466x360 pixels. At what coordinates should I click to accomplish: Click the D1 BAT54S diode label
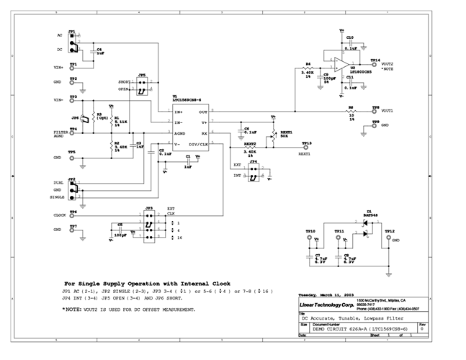coord(372,214)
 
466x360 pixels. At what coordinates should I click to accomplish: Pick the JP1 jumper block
coord(73,42)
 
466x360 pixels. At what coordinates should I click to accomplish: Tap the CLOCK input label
coord(60,215)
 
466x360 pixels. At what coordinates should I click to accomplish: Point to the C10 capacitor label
coord(349,37)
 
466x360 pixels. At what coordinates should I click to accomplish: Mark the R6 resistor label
coord(351,107)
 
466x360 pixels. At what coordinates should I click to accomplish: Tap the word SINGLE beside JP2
coord(57,196)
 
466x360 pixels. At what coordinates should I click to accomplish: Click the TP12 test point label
coord(389,230)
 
